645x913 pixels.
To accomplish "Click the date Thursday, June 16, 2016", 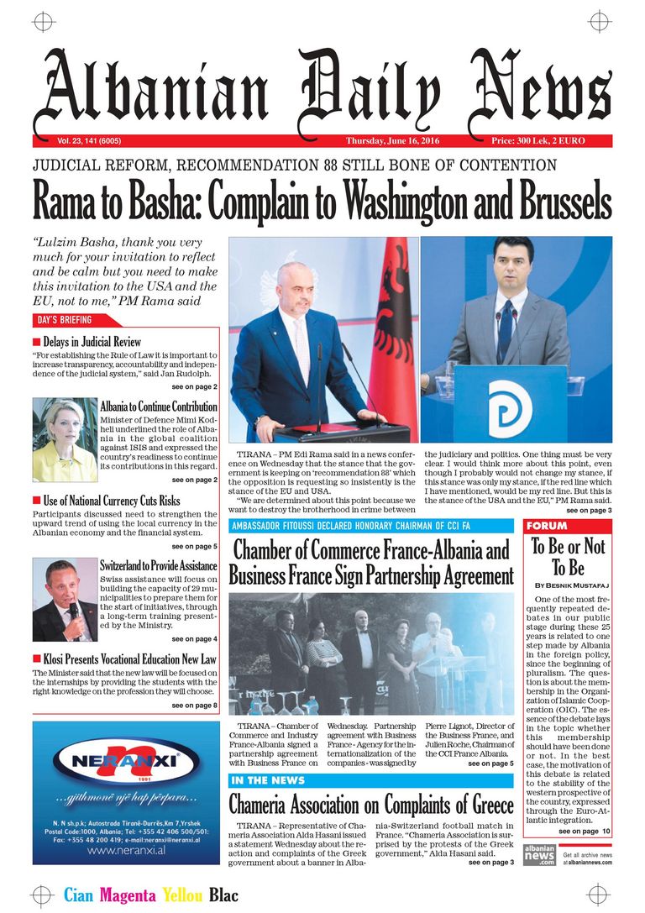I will click(392, 140).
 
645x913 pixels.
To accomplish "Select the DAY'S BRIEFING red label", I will click(64, 320).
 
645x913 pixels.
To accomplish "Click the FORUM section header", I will click(547, 526).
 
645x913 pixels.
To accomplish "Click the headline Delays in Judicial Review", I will click(92, 342).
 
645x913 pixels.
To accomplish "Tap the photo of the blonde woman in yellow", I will click(65, 438).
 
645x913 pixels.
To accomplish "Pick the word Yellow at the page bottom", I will click(182, 895).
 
